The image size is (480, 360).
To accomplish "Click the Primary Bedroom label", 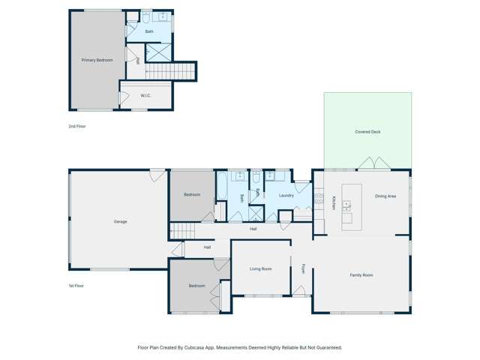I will [x=96, y=58].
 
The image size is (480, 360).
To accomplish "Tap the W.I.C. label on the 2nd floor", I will [x=146, y=96].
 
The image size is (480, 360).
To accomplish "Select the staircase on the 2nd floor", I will [x=169, y=71].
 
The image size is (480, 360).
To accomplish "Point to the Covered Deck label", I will [x=367, y=132].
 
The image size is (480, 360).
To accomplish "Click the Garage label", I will [x=120, y=222].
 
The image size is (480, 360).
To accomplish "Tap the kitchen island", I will [x=352, y=206].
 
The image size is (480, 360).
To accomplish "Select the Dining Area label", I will [x=385, y=196].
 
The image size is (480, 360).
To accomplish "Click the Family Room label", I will [x=361, y=275].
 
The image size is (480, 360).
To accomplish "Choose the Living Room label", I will [x=260, y=268].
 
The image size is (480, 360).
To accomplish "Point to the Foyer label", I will [x=303, y=268].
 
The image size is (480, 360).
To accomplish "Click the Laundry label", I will [x=285, y=196].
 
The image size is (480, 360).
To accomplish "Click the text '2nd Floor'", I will [x=77, y=126].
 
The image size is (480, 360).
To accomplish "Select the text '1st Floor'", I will [x=77, y=286].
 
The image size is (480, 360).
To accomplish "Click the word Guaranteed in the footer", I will [x=326, y=347].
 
